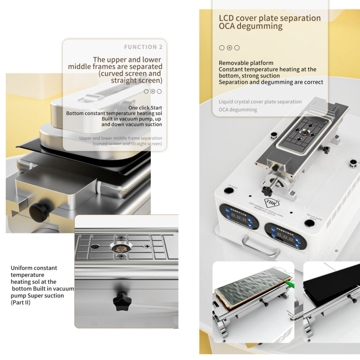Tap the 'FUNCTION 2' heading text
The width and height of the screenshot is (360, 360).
tap(143, 47)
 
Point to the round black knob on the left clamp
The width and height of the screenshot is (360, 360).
tap(38, 212)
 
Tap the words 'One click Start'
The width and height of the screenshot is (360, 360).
tap(145, 108)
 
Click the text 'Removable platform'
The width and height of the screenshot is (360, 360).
tap(246, 63)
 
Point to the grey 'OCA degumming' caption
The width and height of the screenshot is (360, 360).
tap(238, 110)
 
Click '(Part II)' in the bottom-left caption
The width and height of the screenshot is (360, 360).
tap(21, 302)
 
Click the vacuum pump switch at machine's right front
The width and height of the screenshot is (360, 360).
tap(310, 223)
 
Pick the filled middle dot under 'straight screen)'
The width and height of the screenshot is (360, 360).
tap(153, 91)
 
